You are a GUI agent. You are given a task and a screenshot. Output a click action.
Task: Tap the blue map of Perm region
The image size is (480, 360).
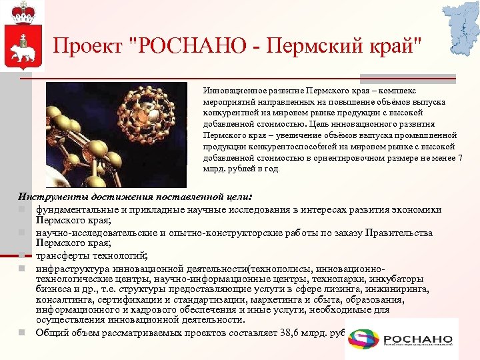(461, 27)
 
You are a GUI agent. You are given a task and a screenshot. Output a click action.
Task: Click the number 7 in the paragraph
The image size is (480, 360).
(459, 157)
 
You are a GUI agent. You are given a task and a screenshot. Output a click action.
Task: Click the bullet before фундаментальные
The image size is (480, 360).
(21, 209)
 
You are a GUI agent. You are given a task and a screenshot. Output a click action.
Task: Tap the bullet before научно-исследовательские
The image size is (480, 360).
(21, 233)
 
